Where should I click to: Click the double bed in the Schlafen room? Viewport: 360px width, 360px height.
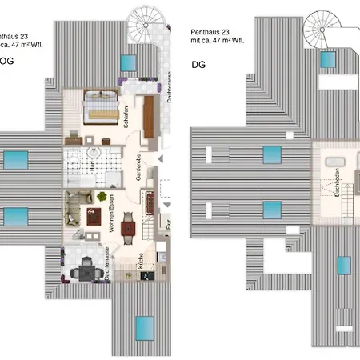[x=102, y=106]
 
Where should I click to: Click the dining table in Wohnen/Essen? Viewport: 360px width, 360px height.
[x=129, y=229]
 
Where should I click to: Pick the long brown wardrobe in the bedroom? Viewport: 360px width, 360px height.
[x=149, y=117]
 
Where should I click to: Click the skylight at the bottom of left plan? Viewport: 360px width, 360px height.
[x=144, y=326]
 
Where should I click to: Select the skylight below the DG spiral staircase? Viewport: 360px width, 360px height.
[x=328, y=59]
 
